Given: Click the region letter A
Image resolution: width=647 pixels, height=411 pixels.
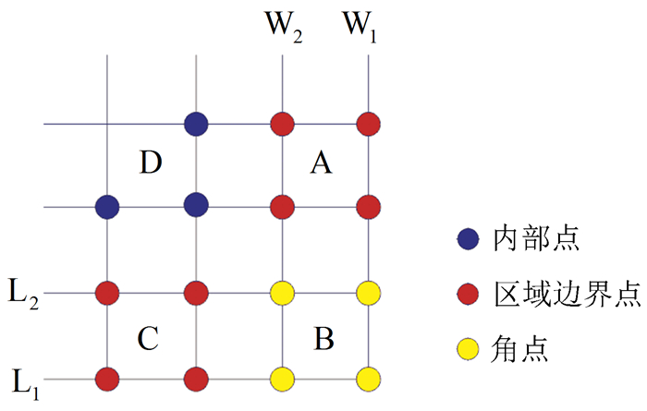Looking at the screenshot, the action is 320,164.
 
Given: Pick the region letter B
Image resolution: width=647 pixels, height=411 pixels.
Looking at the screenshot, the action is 323,340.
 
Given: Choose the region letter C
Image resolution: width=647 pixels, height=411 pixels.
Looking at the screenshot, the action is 149,338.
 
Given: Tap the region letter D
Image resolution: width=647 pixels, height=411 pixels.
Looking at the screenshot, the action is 151,164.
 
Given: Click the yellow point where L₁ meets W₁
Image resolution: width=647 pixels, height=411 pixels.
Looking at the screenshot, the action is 369,379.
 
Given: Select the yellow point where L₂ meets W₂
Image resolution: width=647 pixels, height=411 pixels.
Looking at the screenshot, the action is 282,294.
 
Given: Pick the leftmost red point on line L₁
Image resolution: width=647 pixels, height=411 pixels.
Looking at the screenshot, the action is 108,379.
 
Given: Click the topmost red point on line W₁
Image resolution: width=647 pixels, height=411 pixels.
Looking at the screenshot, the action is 369,123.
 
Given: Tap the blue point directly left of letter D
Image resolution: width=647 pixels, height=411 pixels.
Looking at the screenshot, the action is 108,207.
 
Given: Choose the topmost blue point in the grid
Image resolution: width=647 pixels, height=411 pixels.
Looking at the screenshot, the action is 195,123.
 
